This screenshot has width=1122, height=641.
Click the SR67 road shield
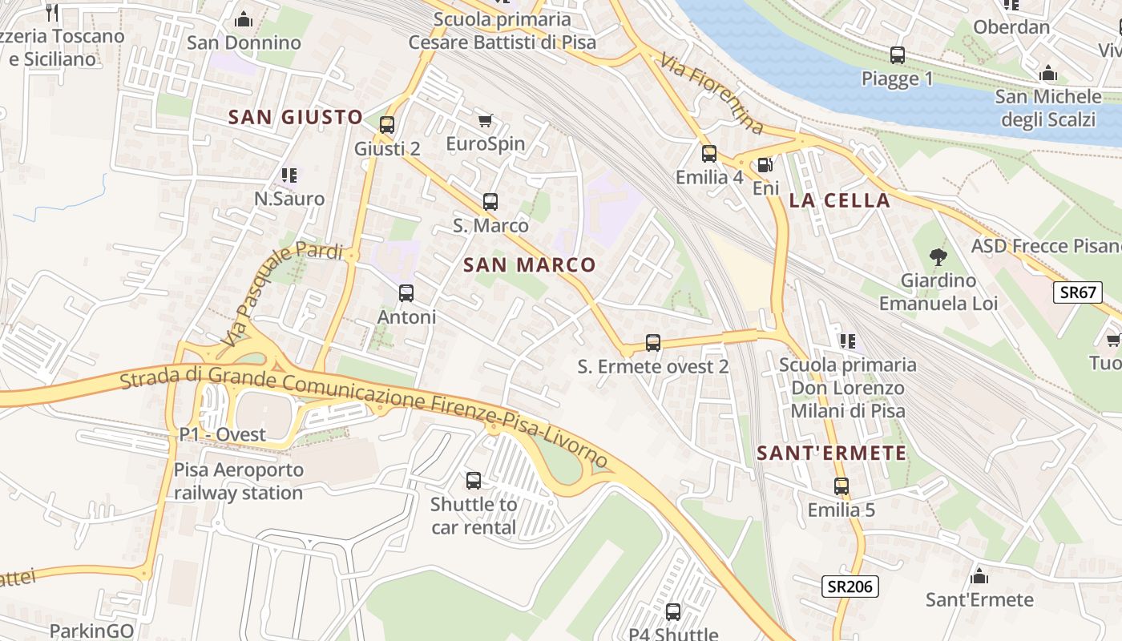click(1078, 292)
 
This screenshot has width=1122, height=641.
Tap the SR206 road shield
click(850, 587)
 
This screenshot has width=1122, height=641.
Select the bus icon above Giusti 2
click(387, 125)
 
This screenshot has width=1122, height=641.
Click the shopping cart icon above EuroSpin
click(485, 121)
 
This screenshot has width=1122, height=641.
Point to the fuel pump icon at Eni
click(765, 165)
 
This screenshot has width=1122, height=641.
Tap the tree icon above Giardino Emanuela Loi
click(938, 257)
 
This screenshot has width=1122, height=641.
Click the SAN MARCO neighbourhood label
click(530, 265)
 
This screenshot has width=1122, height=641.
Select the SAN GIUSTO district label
click(296, 117)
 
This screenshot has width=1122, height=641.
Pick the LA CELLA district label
click(839, 201)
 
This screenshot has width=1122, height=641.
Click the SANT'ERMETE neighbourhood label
click(832, 454)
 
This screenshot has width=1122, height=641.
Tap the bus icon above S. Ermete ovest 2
click(653, 343)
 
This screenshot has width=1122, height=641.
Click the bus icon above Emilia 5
click(841, 486)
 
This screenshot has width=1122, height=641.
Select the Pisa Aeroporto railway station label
click(239, 481)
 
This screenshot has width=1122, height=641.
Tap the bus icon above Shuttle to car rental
click(474, 481)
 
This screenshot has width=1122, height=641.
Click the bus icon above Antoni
click(406, 293)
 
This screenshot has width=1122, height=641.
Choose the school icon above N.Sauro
click(289, 175)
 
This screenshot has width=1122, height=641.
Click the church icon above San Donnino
click(244, 19)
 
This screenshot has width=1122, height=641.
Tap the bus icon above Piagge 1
click(898, 55)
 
